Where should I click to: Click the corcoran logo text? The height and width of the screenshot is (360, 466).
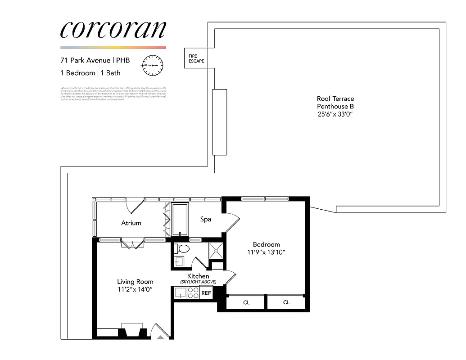point(113,30)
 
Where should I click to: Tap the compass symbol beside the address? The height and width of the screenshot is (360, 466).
point(152,65)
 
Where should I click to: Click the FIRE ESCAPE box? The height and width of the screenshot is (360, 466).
point(196,58)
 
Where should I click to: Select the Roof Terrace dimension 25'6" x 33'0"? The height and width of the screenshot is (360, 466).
point(335,115)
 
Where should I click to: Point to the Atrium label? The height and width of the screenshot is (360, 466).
point(131,223)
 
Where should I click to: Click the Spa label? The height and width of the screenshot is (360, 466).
point(206,219)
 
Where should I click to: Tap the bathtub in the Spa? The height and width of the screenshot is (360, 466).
point(180,220)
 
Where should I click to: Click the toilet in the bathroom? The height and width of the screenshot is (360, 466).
point(182,249)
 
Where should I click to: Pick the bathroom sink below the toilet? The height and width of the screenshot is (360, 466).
point(179,261)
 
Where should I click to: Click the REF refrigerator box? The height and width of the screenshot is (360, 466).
point(206,293)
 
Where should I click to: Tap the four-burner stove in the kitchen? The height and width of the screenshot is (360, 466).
point(193,293)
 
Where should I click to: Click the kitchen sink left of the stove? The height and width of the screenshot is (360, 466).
point(180,293)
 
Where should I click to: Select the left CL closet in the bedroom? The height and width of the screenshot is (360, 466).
point(246,302)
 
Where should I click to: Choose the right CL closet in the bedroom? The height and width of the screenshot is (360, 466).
point(286,302)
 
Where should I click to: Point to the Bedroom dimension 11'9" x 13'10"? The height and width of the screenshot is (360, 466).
point(266,252)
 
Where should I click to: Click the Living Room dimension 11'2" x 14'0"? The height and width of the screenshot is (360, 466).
point(135,289)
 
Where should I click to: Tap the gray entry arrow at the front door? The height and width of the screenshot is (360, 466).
point(160,336)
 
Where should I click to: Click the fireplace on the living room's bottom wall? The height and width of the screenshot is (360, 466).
point(132,331)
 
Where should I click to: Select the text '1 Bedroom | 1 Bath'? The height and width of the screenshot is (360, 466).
point(90,73)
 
